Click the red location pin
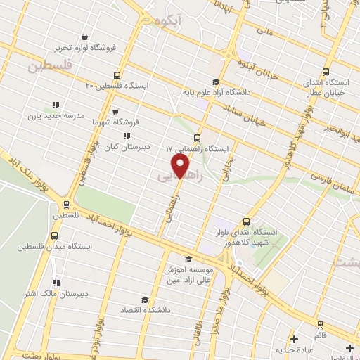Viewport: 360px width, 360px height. pyautogui.click(x=181, y=167)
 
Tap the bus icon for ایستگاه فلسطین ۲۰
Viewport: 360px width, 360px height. pyautogui.click(x=116, y=75)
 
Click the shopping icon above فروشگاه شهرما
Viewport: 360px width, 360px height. pyautogui.click(x=115, y=111)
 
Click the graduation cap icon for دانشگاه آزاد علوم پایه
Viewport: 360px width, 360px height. pyautogui.click(x=214, y=81)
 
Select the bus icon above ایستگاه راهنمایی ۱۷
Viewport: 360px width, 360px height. pyautogui.click(x=197, y=139)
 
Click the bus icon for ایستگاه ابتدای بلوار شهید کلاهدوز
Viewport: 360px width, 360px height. pyautogui.click(x=246, y=220)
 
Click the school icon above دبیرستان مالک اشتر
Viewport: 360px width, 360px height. pyautogui.click(x=56, y=283)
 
